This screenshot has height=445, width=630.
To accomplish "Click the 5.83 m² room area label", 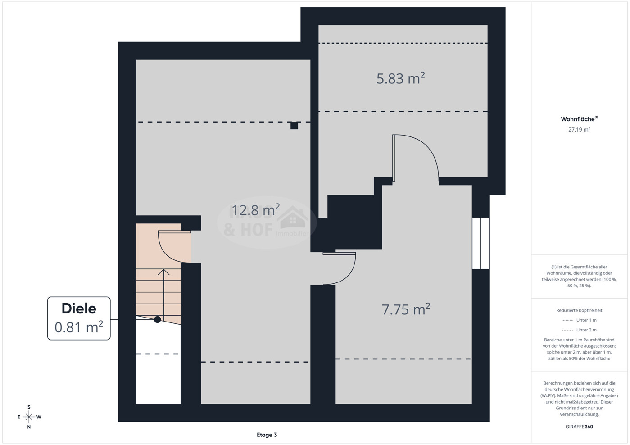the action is (400, 78).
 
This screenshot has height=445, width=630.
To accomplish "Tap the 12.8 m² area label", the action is (255, 210).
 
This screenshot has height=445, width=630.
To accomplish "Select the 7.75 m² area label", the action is (406, 309).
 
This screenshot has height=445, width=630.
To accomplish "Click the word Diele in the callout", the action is (79, 309).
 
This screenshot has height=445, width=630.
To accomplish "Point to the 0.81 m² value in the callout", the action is (79, 327).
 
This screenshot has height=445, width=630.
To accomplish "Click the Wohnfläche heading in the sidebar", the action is (578, 119).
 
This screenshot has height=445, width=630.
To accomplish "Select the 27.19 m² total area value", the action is (579, 129).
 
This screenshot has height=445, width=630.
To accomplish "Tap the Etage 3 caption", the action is (267, 435).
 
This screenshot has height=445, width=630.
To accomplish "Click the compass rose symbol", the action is (29, 417).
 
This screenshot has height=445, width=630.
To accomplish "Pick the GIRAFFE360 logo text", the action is (579, 427).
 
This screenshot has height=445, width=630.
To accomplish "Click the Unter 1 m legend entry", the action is (579, 320).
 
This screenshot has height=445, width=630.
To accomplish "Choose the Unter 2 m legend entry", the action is (579, 330).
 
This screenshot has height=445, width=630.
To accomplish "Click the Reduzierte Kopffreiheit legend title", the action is (579, 310).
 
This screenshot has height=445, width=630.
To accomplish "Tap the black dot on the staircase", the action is (158, 319).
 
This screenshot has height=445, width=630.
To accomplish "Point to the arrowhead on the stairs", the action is (163, 272).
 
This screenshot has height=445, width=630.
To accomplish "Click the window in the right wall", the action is (480, 243).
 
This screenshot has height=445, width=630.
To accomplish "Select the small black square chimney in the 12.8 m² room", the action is (294, 126).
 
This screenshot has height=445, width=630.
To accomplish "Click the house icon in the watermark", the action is (293, 217).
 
